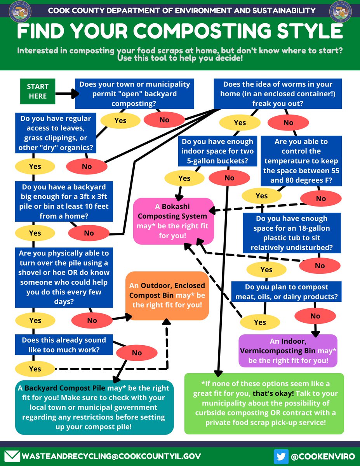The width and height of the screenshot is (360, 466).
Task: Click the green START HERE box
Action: pos(38,91)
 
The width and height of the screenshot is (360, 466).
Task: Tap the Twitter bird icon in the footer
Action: pos(281,456)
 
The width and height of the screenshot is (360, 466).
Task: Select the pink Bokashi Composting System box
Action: pos(174,221)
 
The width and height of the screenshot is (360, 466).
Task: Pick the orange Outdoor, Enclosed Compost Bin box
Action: pos(167,296)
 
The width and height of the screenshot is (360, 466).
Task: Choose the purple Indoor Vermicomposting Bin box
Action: pos(288,351)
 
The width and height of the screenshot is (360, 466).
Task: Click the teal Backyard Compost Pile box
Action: pos(94,407)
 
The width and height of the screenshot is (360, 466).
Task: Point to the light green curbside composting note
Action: pos(264,403)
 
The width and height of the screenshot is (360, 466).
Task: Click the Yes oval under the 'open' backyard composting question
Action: pos(120,120)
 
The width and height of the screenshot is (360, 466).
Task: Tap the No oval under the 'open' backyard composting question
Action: pos(164,120)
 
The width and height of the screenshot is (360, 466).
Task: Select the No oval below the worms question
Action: pos(288,123)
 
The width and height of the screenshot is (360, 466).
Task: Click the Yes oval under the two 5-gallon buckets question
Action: pos(184,178)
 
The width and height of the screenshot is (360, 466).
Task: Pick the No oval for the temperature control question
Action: pos(321,198)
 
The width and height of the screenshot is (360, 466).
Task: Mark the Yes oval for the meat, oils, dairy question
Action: pos(260,322)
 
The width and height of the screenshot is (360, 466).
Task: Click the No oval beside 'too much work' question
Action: pos(137,353)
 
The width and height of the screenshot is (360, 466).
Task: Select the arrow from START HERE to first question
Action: pos(67,94)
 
